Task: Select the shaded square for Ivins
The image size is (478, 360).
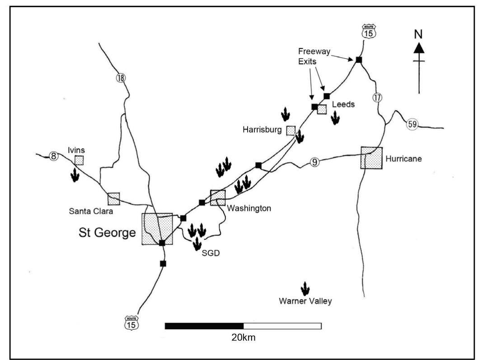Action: coord(79,160)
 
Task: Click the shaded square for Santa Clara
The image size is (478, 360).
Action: coord(114,199)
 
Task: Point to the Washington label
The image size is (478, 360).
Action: coord(248,208)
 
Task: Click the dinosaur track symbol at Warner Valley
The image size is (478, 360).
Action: coord(305,289)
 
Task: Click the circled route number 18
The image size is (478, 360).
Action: coord(121,78)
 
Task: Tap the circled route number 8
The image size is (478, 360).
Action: coord(54,156)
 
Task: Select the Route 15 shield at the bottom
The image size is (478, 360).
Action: coord(132,323)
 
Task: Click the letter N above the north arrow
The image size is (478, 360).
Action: coord(419,34)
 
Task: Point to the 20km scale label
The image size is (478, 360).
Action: coord(243,337)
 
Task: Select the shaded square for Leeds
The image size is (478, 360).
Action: coord(322,109)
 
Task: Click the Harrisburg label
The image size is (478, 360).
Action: coord(262,130)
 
